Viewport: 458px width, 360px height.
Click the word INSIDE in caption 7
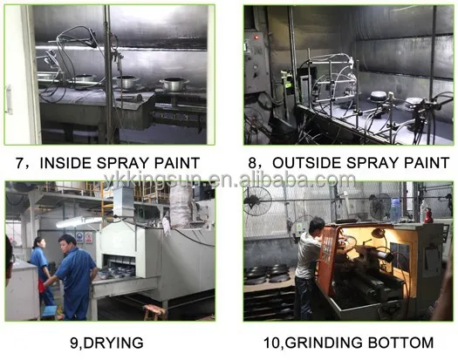(x=65, y=163)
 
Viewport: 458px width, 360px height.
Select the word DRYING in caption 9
(x=113, y=343)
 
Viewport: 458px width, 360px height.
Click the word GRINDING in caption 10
(x=324, y=343)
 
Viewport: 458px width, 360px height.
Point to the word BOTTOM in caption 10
(x=400, y=343)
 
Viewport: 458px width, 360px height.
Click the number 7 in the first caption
(x=19, y=163)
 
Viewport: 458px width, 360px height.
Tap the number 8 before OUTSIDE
(x=252, y=163)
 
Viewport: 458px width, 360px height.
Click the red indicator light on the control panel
(x=256, y=37)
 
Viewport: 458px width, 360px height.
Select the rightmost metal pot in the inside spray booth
(x=174, y=84)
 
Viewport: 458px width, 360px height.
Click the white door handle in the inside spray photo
(x=8, y=99)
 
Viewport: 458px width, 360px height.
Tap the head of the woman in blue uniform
(x=39, y=243)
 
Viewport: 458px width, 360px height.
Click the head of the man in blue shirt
(x=67, y=242)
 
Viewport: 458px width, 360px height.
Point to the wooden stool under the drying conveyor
(x=154, y=312)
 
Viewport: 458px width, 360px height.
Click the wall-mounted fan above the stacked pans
(x=257, y=200)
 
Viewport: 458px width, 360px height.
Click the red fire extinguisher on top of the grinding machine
(x=428, y=215)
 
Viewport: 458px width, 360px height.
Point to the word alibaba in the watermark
(x=271, y=180)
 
